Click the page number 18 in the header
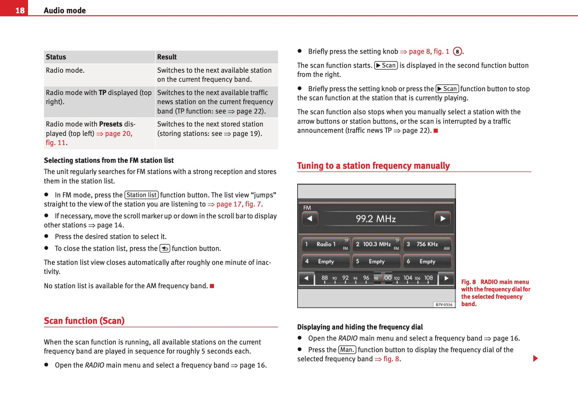[x=20, y=10]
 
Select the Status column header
[x=56, y=57]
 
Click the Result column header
[x=167, y=57]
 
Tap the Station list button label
[x=141, y=195]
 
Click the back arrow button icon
[x=164, y=248]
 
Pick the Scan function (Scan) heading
[x=84, y=321]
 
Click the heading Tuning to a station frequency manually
[x=373, y=166]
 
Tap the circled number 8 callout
[x=457, y=52]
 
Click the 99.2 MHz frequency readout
[x=376, y=219]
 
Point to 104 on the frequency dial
[x=408, y=278]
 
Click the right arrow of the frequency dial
[x=446, y=278]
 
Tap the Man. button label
[x=347, y=350]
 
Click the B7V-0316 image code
[x=444, y=305]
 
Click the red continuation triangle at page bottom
[x=535, y=358]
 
